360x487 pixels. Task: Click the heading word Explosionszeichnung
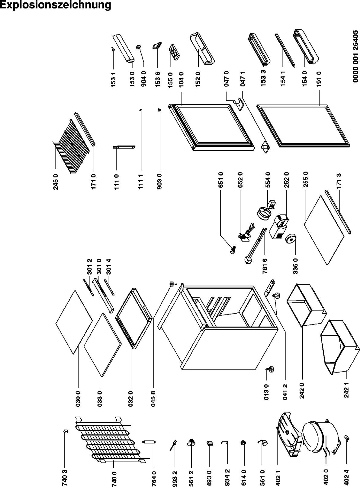pos(56,5)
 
